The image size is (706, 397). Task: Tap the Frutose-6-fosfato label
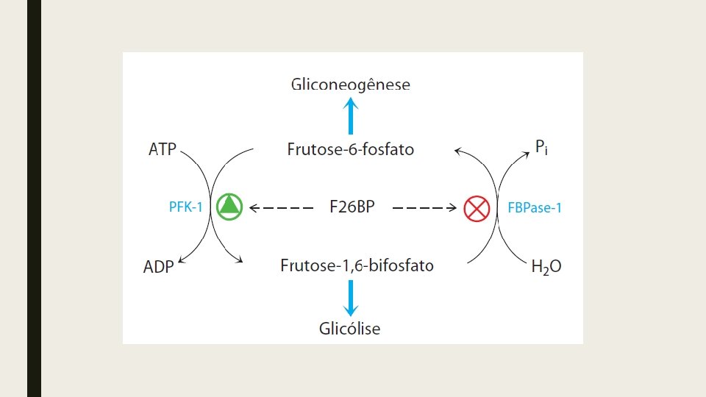pyautogui.click(x=350, y=150)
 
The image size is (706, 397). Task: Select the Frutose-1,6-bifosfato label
pyautogui.click(x=357, y=265)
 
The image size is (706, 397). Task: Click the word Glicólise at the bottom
pyautogui.click(x=349, y=329)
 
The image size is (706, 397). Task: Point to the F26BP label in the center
pyautogui.click(x=352, y=207)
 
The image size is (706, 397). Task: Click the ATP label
pyautogui.click(x=163, y=150)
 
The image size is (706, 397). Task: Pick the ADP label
pyautogui.click(x=158, y=267)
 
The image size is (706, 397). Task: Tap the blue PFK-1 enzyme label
pyautogui.click(x=185, y=208)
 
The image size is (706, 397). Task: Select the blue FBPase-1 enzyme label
pyautogui.click(x=535, y=208)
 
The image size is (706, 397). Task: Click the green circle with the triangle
pyautogui.click(x=230, y=207)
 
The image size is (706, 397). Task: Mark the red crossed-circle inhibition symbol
pyautogui.click(x=477, y=209)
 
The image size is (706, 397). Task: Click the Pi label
pyautogui.click(x=541, y=149)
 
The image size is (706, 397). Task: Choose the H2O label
pyautogui.click(x=546, y=267)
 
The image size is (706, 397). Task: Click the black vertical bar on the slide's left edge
pyautogui.click(x=34, y=198)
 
